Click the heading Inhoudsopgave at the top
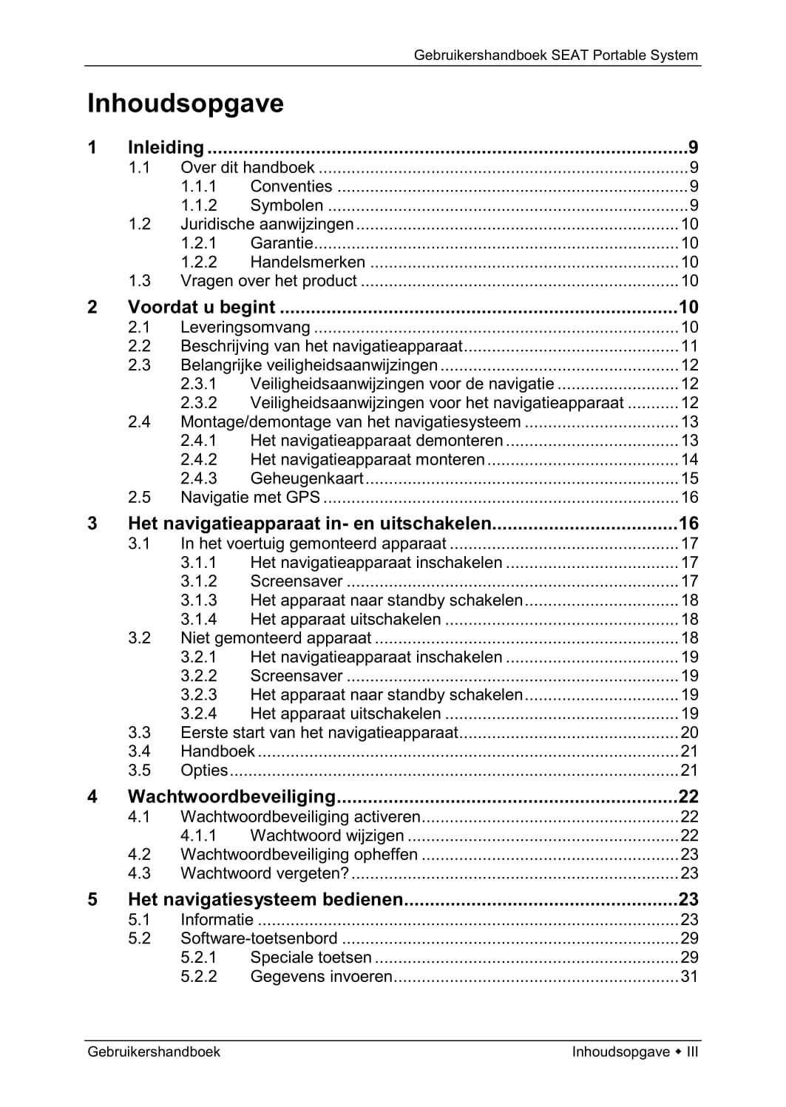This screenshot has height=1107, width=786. (x=186, y=104)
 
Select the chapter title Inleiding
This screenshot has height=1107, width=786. (x=166, y=148)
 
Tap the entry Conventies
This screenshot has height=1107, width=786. (x=291, y=186)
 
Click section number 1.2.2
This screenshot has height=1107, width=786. (x=199, y=262)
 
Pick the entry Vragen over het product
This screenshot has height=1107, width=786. (x=268, y=281)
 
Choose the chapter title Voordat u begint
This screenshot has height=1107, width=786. (x=201, y=307)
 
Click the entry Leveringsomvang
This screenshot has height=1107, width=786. (x=245, y=327)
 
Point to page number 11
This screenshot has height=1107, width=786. (x=689, y=346)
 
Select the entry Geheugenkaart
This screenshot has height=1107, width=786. (x=306, y=478)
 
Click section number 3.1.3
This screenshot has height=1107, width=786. (x=199, y=600)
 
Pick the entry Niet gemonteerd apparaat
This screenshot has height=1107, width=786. (x=276, y=638)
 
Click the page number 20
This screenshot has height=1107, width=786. (x=689, y=733)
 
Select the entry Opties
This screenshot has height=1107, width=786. (x=204, y=771)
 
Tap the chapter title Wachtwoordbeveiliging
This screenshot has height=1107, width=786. (x=231, y=796)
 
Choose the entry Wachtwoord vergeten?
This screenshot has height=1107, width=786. (x=264, y=873)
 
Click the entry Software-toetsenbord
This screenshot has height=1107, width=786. (x=259, y=938)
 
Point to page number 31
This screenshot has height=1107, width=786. (x=689, y=977)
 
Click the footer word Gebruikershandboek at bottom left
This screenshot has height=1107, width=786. (x=154, y=1052)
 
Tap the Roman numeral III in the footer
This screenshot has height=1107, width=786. (x=692, y=1052)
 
